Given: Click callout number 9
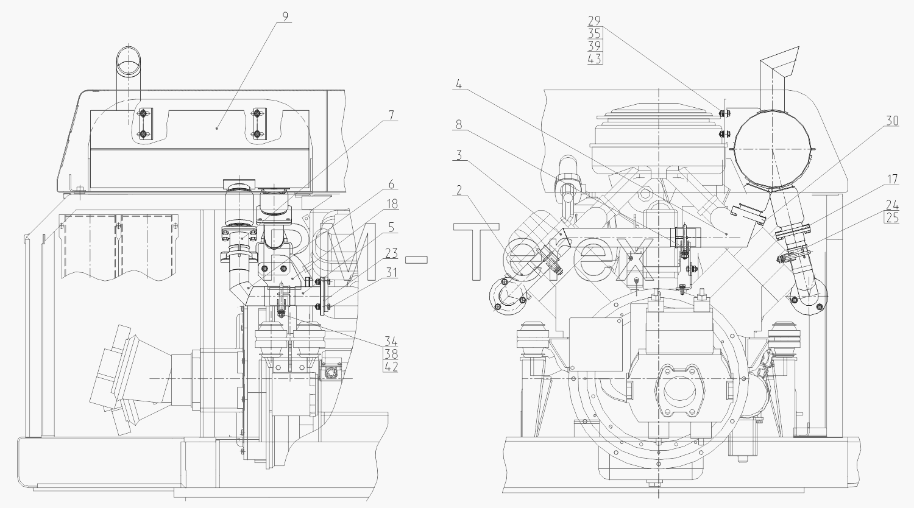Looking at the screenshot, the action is (285, 16).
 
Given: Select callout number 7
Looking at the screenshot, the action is (391, 116).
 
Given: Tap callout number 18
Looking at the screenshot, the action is (392, 204).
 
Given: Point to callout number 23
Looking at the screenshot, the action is (391, 253).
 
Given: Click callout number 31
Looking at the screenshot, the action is (392, 272).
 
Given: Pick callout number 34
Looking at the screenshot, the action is (391, 341).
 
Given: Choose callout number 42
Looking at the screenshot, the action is (391, 367).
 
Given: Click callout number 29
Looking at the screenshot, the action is (595, 21).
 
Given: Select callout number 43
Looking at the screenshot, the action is (595, 58).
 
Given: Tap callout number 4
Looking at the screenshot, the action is (459, 85).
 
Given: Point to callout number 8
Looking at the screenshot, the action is (459, 124).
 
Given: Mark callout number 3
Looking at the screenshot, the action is (459, 155).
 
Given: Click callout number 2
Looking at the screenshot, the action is (459, 190).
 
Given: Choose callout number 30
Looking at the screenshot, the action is (892, 121).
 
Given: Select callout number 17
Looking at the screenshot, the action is (892, 179).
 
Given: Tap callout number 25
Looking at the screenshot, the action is (893, 217).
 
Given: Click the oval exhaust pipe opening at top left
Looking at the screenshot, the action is (129, 60).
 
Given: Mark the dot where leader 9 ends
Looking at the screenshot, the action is (217, 128).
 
